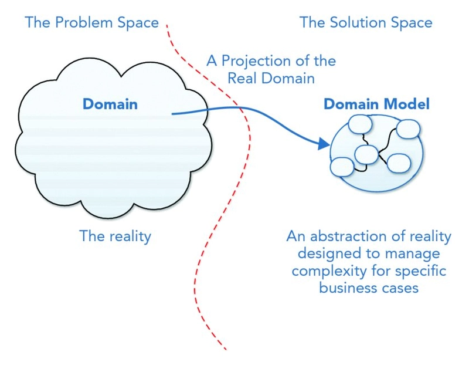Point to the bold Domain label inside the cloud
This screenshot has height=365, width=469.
pos(110,105)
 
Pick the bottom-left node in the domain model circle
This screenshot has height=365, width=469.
pos(342,167)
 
